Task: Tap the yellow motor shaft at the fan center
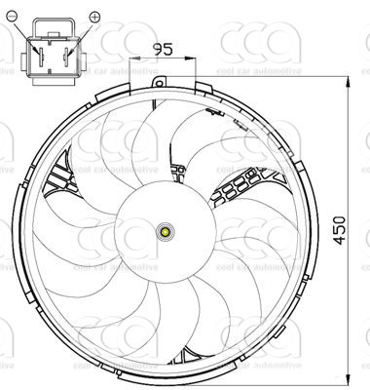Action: pos(165,232)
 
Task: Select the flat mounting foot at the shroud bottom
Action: pos(165,376)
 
